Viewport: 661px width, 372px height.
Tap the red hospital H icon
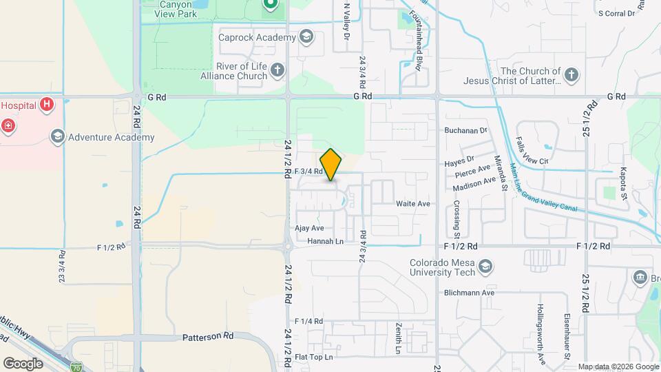pyautogui.click(x=46, y=105)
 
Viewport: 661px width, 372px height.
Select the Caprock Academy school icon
pyautogui.click(x=306, y=37)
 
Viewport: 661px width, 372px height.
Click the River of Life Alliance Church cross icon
pyautogui.click(x=277, y=70)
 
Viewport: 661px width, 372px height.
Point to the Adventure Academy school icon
pyautogui.click(x=57, y=137)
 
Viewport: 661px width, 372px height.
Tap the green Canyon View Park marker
pyautogui.click(x=271, y=6)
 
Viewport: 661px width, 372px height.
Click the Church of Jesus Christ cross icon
pyautogui.click(x=571, y=75)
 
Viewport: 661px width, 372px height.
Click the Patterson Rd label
pyautogui.click(x=209, y=337)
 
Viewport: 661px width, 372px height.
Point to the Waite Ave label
pyautogui.click(x=413, y=204)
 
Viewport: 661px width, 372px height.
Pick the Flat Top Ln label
pyautogui.click(x=313, y=357)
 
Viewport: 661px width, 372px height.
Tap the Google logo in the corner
pyautogui.click(x=23, y=363)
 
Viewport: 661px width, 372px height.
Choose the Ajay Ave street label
pyautogui.click(x=309, y=228)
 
